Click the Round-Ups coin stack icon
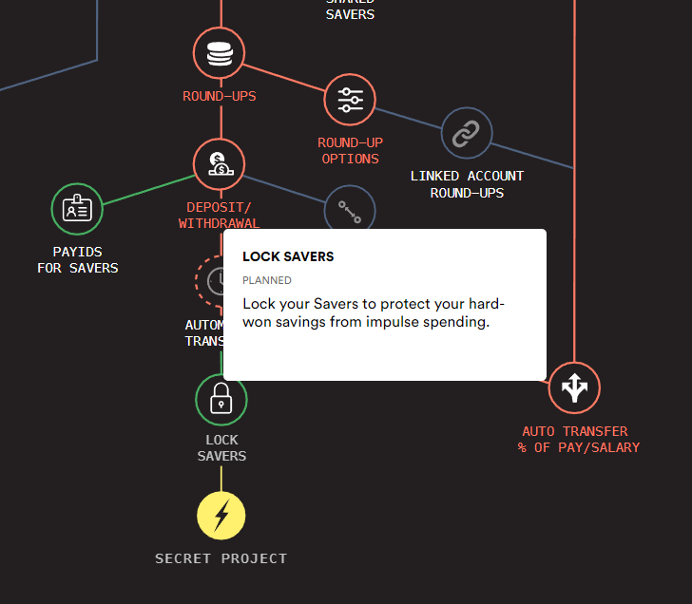(x=220, y=52)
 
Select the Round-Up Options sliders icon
(x=351, y=99)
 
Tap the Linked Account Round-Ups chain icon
(x=467, y=133)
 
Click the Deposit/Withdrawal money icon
(x=220, y=163)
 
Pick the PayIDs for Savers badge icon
(x=77, y=208)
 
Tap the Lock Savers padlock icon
(x=221, y=399)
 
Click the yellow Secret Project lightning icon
(x=221, y=516)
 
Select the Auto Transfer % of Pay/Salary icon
(x=574, y=387)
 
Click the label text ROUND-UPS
(x=220, y=96)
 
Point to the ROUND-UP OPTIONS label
(x=351, y=151)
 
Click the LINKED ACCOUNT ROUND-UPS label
(x=467, y=184)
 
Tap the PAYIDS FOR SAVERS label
(x=78, y=260)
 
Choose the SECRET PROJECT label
(x=221, y=558)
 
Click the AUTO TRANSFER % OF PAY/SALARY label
(x=579, y=440)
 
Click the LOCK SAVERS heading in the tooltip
(x=288, y=256)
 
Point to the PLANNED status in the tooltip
(x=267, y=280)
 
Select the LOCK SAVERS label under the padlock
(x=221, y=448)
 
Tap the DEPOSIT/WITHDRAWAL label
(x=220, y=216)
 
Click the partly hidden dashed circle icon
(x=208, y=279)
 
